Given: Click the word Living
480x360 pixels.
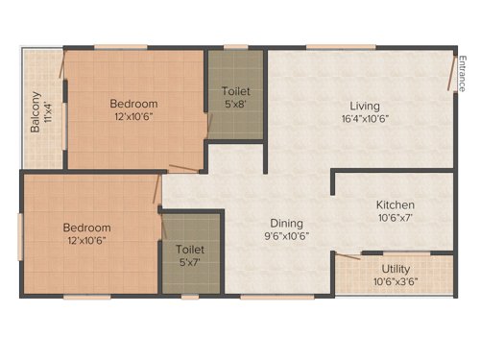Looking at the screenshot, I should click(x=364, y=106).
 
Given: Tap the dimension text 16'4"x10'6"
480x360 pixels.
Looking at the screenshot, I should click(x=364, y=119).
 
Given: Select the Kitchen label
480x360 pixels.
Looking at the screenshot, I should click(x=395, y=204).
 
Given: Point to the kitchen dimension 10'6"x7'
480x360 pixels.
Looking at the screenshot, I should click(x=395, y=218).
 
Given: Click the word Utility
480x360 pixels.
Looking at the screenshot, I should click(x=396, y=271).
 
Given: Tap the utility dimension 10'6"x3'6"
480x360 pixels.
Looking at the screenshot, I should click(x=396, y=283).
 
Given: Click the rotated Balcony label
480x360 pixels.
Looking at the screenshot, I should click(x=36, y=111).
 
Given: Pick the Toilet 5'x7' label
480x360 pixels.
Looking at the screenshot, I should click(x=189, y=255).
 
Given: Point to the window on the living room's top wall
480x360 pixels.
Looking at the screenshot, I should click(x=327, y=46).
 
